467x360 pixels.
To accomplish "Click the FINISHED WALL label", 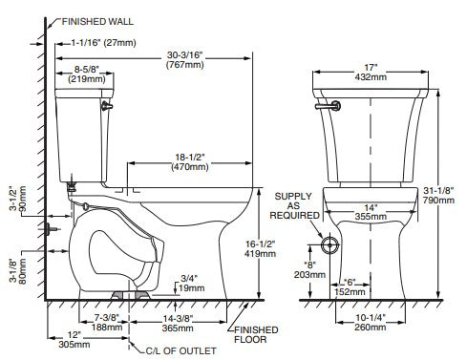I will tap(97, 20).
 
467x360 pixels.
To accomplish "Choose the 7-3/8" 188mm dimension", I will tap(94, 321).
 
